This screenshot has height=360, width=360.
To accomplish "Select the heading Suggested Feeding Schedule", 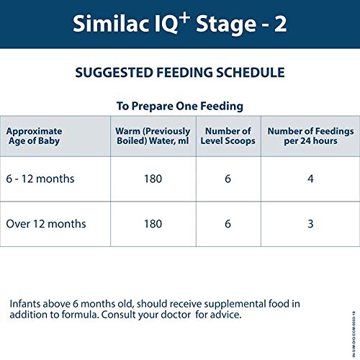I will (180, 73).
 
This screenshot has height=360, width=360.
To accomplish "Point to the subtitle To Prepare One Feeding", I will (180, 106).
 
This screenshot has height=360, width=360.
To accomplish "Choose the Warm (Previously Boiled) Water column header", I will (153, 137).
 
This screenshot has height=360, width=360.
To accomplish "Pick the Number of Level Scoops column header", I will (228, 137).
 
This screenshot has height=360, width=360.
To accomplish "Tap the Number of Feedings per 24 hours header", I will (310, 137).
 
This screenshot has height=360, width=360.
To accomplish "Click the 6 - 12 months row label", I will (41, 178).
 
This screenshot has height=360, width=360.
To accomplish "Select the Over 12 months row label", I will (47, 224).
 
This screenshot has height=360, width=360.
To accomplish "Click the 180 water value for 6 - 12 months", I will (153, 178).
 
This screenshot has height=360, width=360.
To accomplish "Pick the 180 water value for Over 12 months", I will (153, 224).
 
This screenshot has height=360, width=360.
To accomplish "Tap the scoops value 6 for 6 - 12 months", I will (228, 178).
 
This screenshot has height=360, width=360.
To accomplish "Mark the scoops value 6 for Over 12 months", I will (228, 224).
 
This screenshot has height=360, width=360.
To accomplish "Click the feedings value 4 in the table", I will (310, 178).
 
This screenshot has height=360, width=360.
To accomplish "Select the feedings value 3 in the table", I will (310, 224).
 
